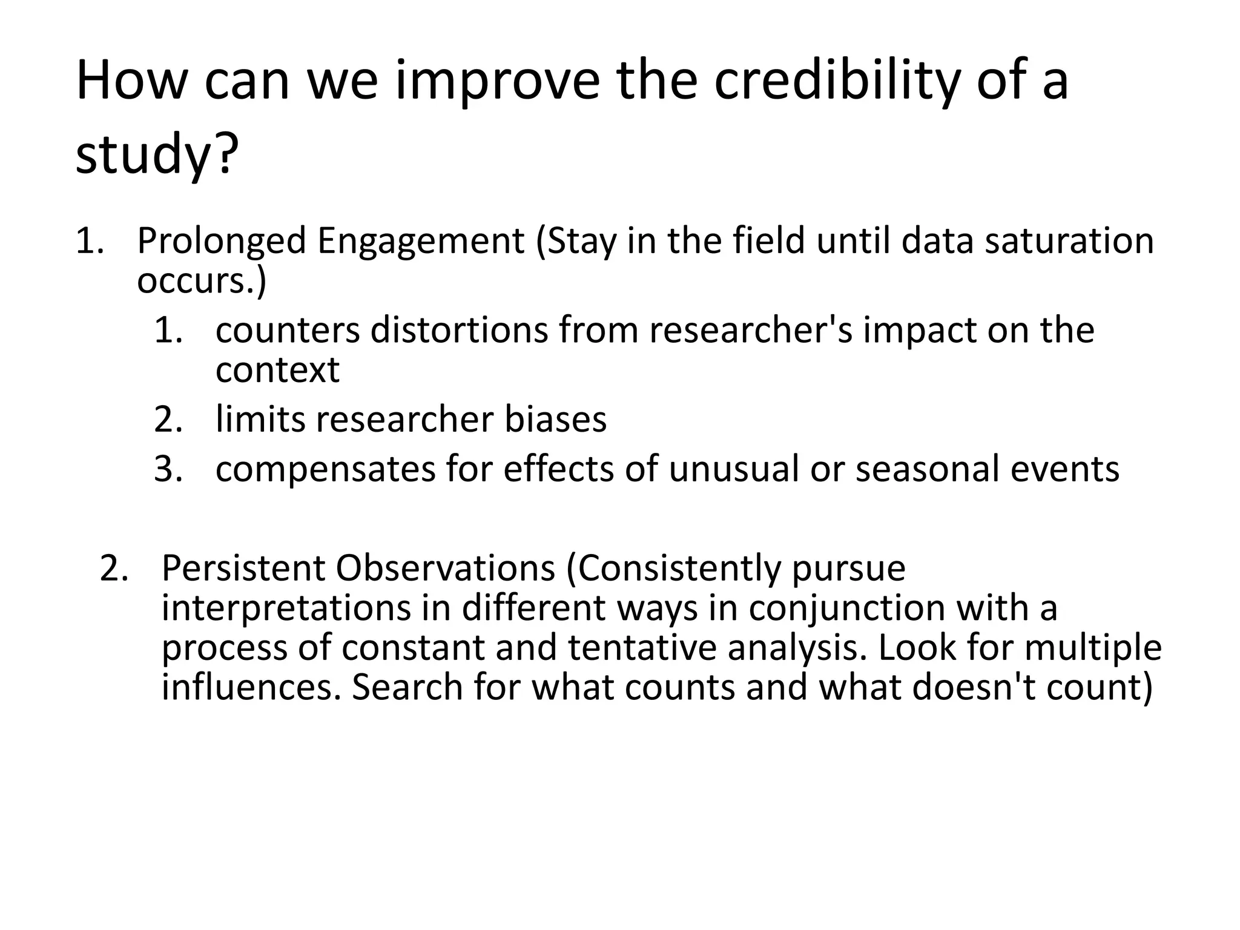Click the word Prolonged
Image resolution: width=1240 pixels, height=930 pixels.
[x=222, y=241]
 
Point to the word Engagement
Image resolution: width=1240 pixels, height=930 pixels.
[x=420, y=241]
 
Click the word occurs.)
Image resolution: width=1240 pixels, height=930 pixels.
[x=202, y=281]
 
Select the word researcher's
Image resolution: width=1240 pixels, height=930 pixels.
[x=751, y=331]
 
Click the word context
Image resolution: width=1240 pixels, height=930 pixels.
[x=277, y=370]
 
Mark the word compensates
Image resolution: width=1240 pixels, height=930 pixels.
[x=325, y=469]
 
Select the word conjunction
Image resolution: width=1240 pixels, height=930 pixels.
[x=846, y=608]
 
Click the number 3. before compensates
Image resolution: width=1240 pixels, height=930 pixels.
[x=168, y=469]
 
